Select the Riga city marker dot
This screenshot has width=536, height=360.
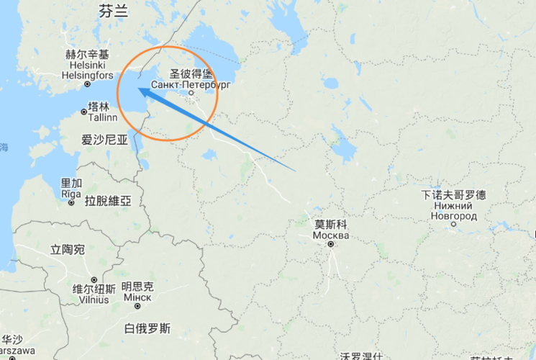click(71, 204)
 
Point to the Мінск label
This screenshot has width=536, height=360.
click(137, 298)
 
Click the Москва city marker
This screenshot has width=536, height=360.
click(331, 245)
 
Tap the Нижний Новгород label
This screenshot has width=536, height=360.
click(453, 216)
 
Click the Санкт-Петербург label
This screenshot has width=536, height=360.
click(191, 84)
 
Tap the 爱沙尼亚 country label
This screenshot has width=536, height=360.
click(104, 140)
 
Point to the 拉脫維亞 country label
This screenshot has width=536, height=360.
click(108, 201)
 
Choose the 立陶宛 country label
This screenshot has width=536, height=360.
click(68, 250)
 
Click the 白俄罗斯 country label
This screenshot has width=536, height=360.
click(147, 329)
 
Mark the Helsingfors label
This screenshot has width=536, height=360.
click(88, 75)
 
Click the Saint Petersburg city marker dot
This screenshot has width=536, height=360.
click(191, 93)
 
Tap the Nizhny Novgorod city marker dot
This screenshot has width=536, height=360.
click(454, 225)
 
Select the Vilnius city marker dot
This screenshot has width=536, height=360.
click(94, 280)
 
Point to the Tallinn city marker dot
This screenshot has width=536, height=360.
click(83, 112)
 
